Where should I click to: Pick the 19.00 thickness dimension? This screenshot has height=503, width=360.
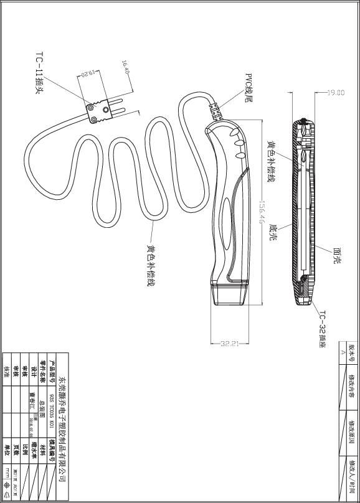click(x=336, y=93)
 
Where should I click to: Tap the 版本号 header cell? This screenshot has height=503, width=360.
click(x=350, y=349)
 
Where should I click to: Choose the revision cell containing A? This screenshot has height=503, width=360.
click(x=342, y=349)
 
